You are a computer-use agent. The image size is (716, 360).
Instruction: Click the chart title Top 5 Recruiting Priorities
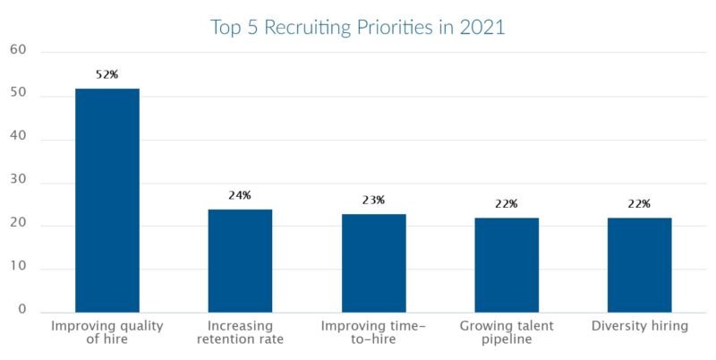coord(358,27)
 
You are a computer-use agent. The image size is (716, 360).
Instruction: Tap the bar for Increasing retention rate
coord(240,261)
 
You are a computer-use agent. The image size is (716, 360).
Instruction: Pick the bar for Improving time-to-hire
coord(373,263)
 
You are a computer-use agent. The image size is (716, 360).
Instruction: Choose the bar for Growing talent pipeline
coord(507,265)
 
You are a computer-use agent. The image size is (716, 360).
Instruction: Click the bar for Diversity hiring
coord(639,265)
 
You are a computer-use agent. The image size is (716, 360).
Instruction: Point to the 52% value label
coord(107,75)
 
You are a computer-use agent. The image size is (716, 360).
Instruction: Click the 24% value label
coord(240,195)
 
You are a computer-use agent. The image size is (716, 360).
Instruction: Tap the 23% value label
coord(373,201)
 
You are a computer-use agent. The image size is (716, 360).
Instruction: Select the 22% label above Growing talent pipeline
coord(507,204)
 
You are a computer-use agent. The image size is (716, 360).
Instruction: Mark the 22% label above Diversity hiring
coord(639,204)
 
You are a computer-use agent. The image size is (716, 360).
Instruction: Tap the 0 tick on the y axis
coord(22,311)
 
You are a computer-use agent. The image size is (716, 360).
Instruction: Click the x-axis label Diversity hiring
coord(639,327)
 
